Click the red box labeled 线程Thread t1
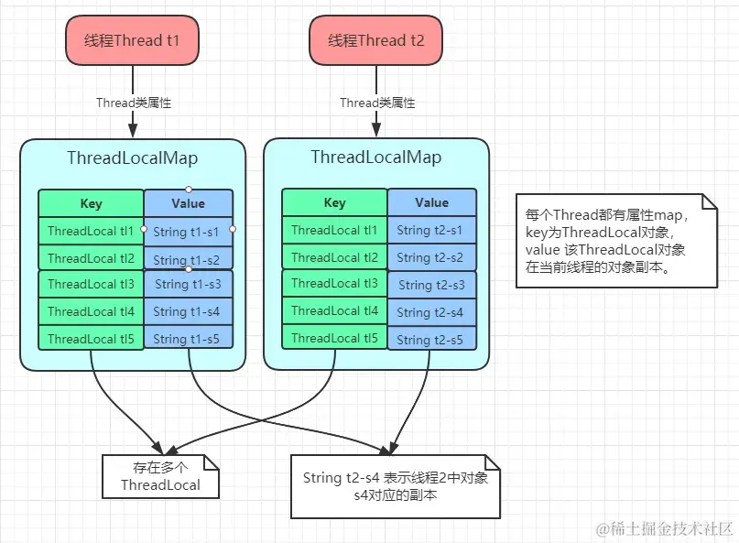pyautogui.click(x=132, y=40)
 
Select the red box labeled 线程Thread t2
pyautogui.click(x=375, y=40)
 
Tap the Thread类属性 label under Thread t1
pyautogui.click(x=134, y=103)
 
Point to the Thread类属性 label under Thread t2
pyautogui.click(x=377, y=103)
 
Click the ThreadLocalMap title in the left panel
pyautogui.click(x=132, y=157)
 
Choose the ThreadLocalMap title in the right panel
pyautogui.click(x=375, y=157)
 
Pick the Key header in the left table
pyautogui.click(x=91, y=203)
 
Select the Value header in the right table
pyautogui.click(x=431, y=202)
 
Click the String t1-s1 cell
pyautogui.click(x=188, y=231)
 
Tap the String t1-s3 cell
pyautogui.click(x=188, y=284)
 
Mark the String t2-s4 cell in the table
pyautogui.click(x=431, y=312)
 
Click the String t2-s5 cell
pyautogui.click(x=431, y=340)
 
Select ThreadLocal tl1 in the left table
pyautogui.click(x=91, y=231)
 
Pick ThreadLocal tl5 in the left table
pyautogui.click(x=91, y=339)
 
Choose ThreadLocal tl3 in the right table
pyautogui.click(x=334, y=284)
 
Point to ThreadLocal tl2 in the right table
pyautogui.click(x=334, y=257)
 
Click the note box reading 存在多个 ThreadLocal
pyautogui.click(x=160, y=476)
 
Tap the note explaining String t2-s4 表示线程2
pyautogui.click(x=396, y=486)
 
